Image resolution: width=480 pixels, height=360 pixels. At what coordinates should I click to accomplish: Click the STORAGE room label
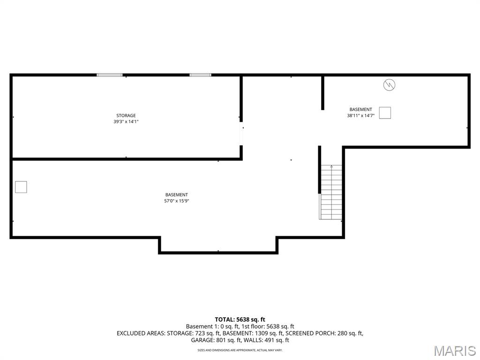click(126, 115)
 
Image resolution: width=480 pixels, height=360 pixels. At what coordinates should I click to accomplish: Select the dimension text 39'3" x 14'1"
click(126, 121)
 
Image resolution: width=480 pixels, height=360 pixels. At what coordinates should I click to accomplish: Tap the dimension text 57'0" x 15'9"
click(176, 201)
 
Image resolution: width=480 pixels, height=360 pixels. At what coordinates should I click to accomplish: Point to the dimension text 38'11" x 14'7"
click(360, 116)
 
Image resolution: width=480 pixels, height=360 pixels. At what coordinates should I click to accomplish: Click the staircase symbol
click(330, 192)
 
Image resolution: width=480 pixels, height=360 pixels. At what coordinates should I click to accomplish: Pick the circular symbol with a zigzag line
click(389, 85)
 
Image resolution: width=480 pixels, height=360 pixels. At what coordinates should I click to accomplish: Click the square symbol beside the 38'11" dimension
click(385, 112)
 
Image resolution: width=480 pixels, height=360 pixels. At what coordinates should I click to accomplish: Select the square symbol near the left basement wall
click(21, 187)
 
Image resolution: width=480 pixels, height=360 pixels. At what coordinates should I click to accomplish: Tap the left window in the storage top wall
click(110, 75)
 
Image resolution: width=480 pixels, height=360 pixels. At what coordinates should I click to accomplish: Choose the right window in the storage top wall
click(200, 75)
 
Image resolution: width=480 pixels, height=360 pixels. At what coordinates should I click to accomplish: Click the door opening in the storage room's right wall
click(241, 134)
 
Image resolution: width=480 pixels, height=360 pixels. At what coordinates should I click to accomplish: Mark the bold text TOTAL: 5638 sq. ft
click(240, 320)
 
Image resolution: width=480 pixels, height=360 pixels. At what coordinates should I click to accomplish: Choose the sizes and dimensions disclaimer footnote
click(240, 350)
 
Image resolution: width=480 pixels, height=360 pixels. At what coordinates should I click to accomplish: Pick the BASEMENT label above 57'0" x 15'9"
click(176, 195)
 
